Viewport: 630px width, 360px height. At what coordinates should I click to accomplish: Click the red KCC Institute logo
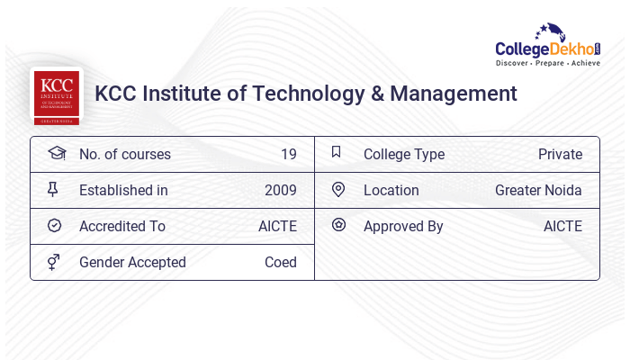(x=56, y=95)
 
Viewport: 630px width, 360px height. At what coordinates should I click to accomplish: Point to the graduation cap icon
(x=56, y=154)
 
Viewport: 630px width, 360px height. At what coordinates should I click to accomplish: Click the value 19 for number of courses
(x=288, y=154)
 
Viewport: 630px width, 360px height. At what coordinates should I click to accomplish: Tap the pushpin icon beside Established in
(x=53, y=190)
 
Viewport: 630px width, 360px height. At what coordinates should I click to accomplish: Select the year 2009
(x=280, y=190)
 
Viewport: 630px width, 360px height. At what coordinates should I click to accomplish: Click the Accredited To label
(x=121, y=226)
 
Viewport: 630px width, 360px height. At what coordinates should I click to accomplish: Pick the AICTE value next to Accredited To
(x=277, y=226)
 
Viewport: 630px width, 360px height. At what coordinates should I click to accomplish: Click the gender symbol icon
(x=54, y=262)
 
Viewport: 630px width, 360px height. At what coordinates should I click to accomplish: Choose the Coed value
(x=280, y=262)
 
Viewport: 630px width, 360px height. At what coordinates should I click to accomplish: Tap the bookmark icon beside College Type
(x=337, y=153)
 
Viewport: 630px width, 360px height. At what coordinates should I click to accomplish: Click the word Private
(x=560, y=154)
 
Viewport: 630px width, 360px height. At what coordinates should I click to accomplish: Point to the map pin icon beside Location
(x=338, y=190)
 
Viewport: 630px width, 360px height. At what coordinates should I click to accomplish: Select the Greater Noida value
(x=538, y=190)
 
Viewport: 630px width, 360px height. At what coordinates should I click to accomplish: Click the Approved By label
(x=403, y=226)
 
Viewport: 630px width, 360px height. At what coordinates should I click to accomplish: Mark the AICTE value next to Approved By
(x=562, y=226)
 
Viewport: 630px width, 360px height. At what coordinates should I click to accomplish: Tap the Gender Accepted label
(x=132, y=262)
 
